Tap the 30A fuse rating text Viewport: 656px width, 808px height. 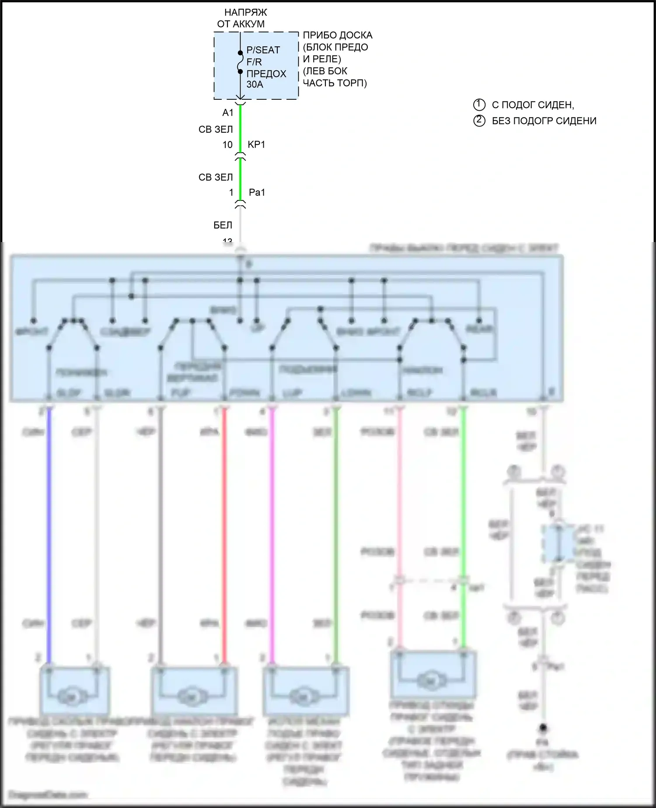[255, 84]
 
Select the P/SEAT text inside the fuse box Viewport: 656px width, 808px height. [263, 50]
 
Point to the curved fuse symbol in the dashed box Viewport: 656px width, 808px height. [240, 62]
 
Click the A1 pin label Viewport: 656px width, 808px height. [228, 113]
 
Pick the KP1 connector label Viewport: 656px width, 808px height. [256, 144]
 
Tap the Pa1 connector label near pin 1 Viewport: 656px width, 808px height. [257, 192]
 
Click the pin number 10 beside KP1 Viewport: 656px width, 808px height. [227, 145]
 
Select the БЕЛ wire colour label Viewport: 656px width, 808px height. [223, 225]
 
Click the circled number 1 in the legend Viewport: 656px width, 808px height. [479, 105]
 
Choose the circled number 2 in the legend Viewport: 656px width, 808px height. [479, 120]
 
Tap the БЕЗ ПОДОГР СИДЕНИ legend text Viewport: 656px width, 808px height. [544, 121]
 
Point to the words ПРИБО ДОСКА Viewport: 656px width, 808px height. [338, 35]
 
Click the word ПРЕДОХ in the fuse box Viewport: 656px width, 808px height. [266, 74]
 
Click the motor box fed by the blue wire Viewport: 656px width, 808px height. [74, 690]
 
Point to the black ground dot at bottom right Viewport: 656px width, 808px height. [543, 727]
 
